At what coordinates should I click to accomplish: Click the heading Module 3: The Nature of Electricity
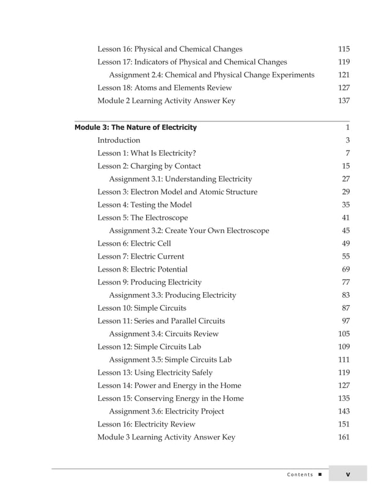tap(135, 128)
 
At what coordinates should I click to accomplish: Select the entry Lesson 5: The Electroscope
tap(142, 218)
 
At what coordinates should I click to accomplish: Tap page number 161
tap(344, 437)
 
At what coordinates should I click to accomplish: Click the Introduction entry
tap(119, 140)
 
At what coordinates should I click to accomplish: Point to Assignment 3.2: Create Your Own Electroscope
tap(188, 231)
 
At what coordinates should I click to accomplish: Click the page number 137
tap(344, 101)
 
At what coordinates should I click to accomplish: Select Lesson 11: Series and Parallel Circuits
tap(161, 321)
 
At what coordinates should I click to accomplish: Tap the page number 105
tap(344, 334)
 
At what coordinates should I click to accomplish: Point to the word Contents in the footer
tap(299, 475)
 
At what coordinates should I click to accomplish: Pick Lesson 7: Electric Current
tap(141, 256)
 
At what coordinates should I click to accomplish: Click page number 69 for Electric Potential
tap(345, 269)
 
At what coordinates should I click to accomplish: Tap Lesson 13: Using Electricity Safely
tap(155, 372)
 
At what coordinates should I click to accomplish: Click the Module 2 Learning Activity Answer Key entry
tap(166, 101)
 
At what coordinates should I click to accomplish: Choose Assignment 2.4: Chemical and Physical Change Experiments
tap(212, 75)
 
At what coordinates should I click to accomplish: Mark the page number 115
tap(344, 49)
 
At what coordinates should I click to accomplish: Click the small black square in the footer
tap(320, 475)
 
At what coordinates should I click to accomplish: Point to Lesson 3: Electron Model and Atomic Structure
tap(177, 192)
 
